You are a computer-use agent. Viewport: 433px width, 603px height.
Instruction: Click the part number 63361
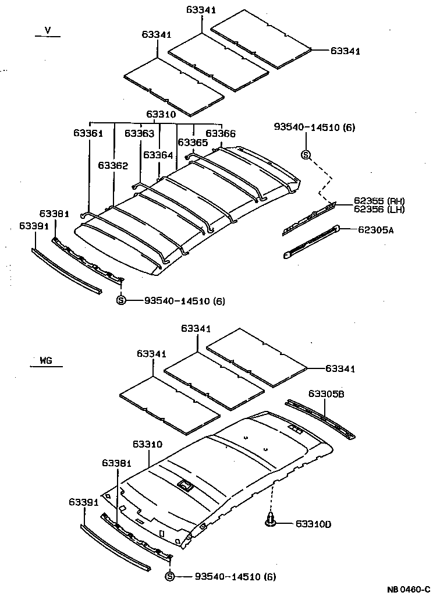click(88, 133)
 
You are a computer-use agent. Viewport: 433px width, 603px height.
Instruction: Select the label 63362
click(112, 166)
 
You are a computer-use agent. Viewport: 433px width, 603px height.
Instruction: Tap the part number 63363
click(139, 133)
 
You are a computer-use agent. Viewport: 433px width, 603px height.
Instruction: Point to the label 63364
click(158, 155)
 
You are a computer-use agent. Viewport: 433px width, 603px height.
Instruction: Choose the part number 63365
click(193, 143)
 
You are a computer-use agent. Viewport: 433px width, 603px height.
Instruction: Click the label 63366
click(221, 134)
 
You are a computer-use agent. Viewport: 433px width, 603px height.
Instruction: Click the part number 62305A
click(375, 230)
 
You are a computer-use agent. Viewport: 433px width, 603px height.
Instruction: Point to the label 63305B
click(327, 394)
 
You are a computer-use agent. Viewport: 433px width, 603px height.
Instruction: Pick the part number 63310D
click(313, 524)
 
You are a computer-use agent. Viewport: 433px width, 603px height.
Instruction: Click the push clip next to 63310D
click(270, 520)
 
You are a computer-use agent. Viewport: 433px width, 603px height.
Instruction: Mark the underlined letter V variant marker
click(48, 30)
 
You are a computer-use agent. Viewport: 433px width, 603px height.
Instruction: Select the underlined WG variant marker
click(46, 361)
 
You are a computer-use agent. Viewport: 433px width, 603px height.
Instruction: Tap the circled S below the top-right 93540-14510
click(306, 154)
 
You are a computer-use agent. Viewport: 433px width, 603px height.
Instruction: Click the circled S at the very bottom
click(169, 576)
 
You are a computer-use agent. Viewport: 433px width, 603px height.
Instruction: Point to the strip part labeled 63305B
click(320, 418)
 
